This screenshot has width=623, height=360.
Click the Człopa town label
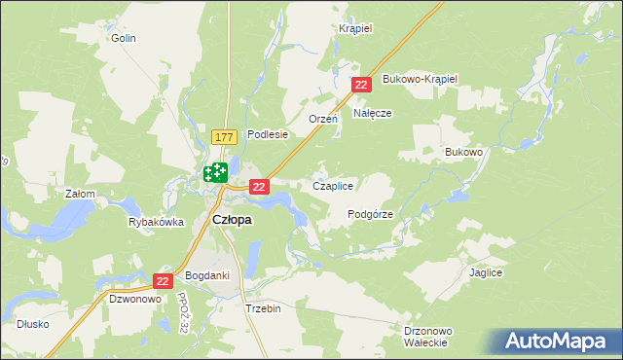pyautogui.click(x=232, y=220)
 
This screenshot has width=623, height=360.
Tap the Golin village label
pyautogui.click(x=123, y=38)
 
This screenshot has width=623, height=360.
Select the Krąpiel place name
pyautogui.click(x=356, y=28)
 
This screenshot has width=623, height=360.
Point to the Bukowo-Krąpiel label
pyautogui.click(x=421, y=78)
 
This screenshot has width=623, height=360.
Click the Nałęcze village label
pyautogui.click(x=372, y=113)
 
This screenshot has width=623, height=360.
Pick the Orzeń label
pyautogui.click(x=322, y=119)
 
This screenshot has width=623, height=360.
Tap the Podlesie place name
pyautogui.click(x=268, y=135)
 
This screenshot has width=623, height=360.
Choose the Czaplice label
pyautogui.click(x=332, y=185)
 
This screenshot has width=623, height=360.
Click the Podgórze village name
pyautogui.click(x=370, y=214)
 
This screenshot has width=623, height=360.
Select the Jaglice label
pyautogui.click(x=485, y=273)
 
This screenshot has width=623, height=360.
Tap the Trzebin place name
pyautogui.click(x=263, y=308)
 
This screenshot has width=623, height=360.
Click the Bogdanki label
pyautogui.click(x=207, y=275)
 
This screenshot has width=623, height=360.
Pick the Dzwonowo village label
pyautogui.click(x=134, y=300)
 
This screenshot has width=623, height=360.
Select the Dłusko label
pyautogui.click(x=32, y=324)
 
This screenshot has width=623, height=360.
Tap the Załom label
pyautogui.click(x=80, y=194)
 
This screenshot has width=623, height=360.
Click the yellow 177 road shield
pyautogui.click(x=224, y=139)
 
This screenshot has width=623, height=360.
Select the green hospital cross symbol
pyautogui.click(x=215, y=174)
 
